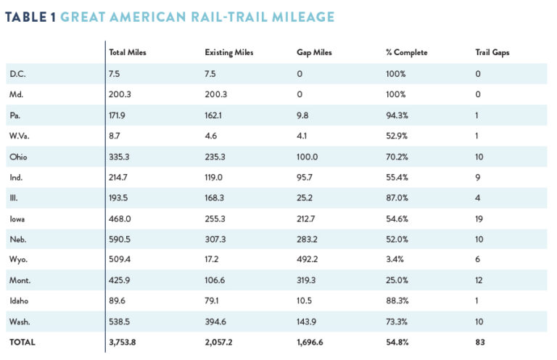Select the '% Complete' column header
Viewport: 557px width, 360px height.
coord(406,52)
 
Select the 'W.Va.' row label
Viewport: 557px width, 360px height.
coord(20,134)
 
